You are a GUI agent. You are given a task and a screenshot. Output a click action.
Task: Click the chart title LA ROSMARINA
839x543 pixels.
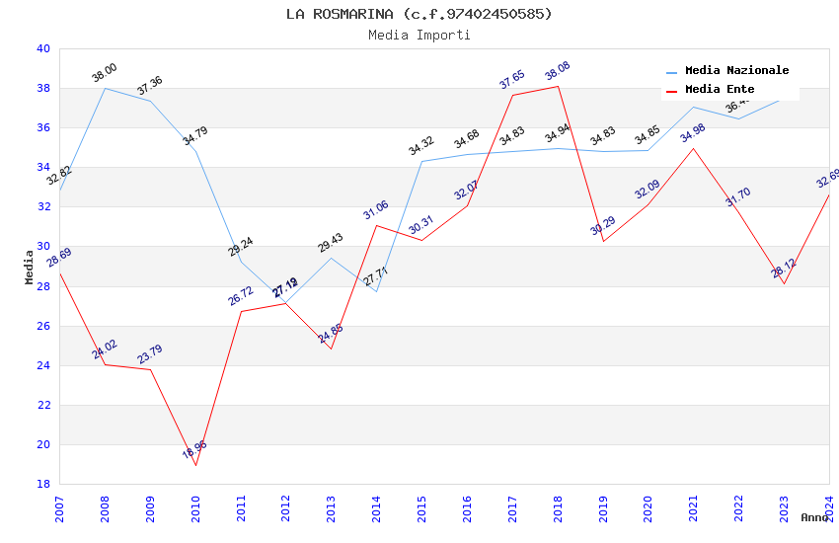point(419,14)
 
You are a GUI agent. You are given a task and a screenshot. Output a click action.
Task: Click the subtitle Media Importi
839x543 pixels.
point(419,35)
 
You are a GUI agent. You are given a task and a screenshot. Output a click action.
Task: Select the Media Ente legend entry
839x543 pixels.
point(720,90)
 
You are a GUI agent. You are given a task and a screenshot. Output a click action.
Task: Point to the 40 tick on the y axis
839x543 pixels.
point(42,48)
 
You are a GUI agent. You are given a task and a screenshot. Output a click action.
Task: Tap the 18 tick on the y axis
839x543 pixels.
point(42,484)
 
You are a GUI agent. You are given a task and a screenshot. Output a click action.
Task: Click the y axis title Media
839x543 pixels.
point(30,267)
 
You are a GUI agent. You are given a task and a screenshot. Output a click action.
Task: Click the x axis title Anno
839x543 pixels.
point(814,517)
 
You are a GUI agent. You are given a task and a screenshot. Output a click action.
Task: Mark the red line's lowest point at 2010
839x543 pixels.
point(195,465)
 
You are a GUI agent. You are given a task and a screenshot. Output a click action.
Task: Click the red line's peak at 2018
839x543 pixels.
point(558,86)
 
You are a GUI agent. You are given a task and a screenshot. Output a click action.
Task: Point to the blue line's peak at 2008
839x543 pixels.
point(105,88)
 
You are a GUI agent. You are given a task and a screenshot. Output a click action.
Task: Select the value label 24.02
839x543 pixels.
point(105,349)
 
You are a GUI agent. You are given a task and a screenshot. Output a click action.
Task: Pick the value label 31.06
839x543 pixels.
point(376,210)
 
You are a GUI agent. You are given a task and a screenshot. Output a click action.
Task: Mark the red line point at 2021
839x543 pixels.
point(694,148)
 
